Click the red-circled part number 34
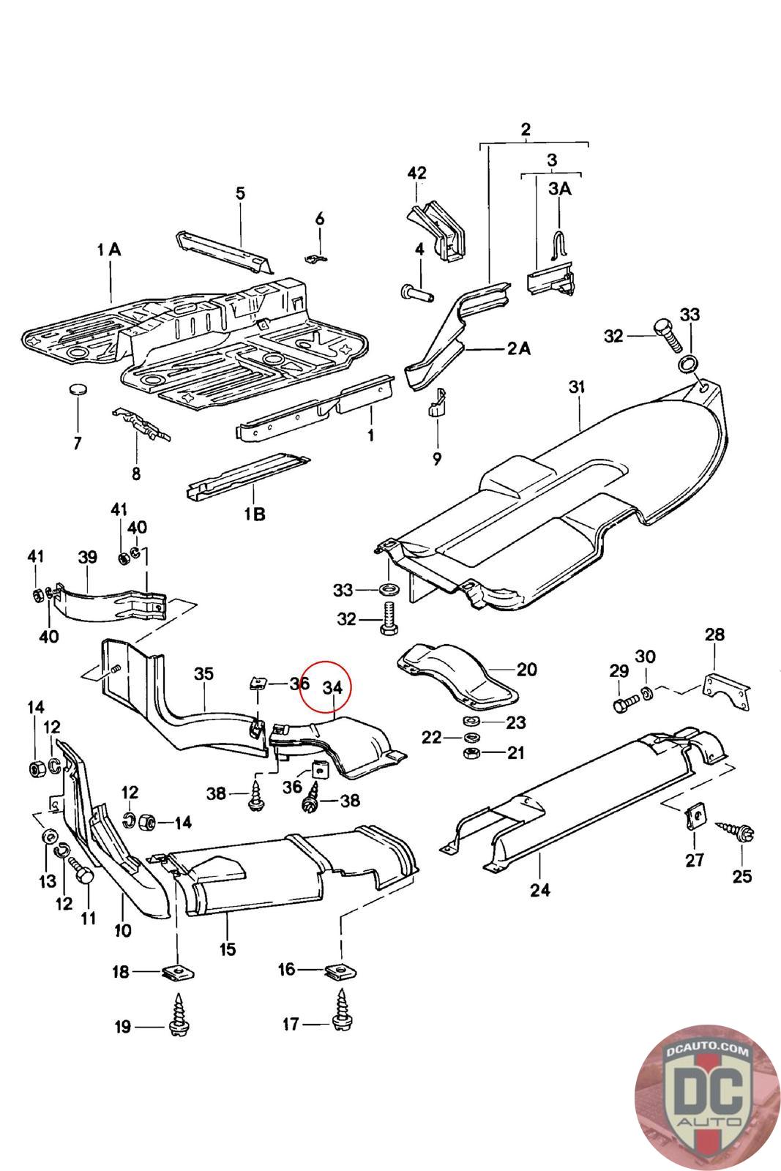coord(332,687)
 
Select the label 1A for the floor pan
coord(108,250)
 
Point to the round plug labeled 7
coord(78,388)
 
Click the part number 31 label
coord(578,387)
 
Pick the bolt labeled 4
coord(416,293)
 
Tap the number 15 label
coord(228,949)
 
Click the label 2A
coord(519,348)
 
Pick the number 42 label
coord(416,173)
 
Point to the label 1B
coord(254,514)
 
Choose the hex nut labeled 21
coord(470,754)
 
